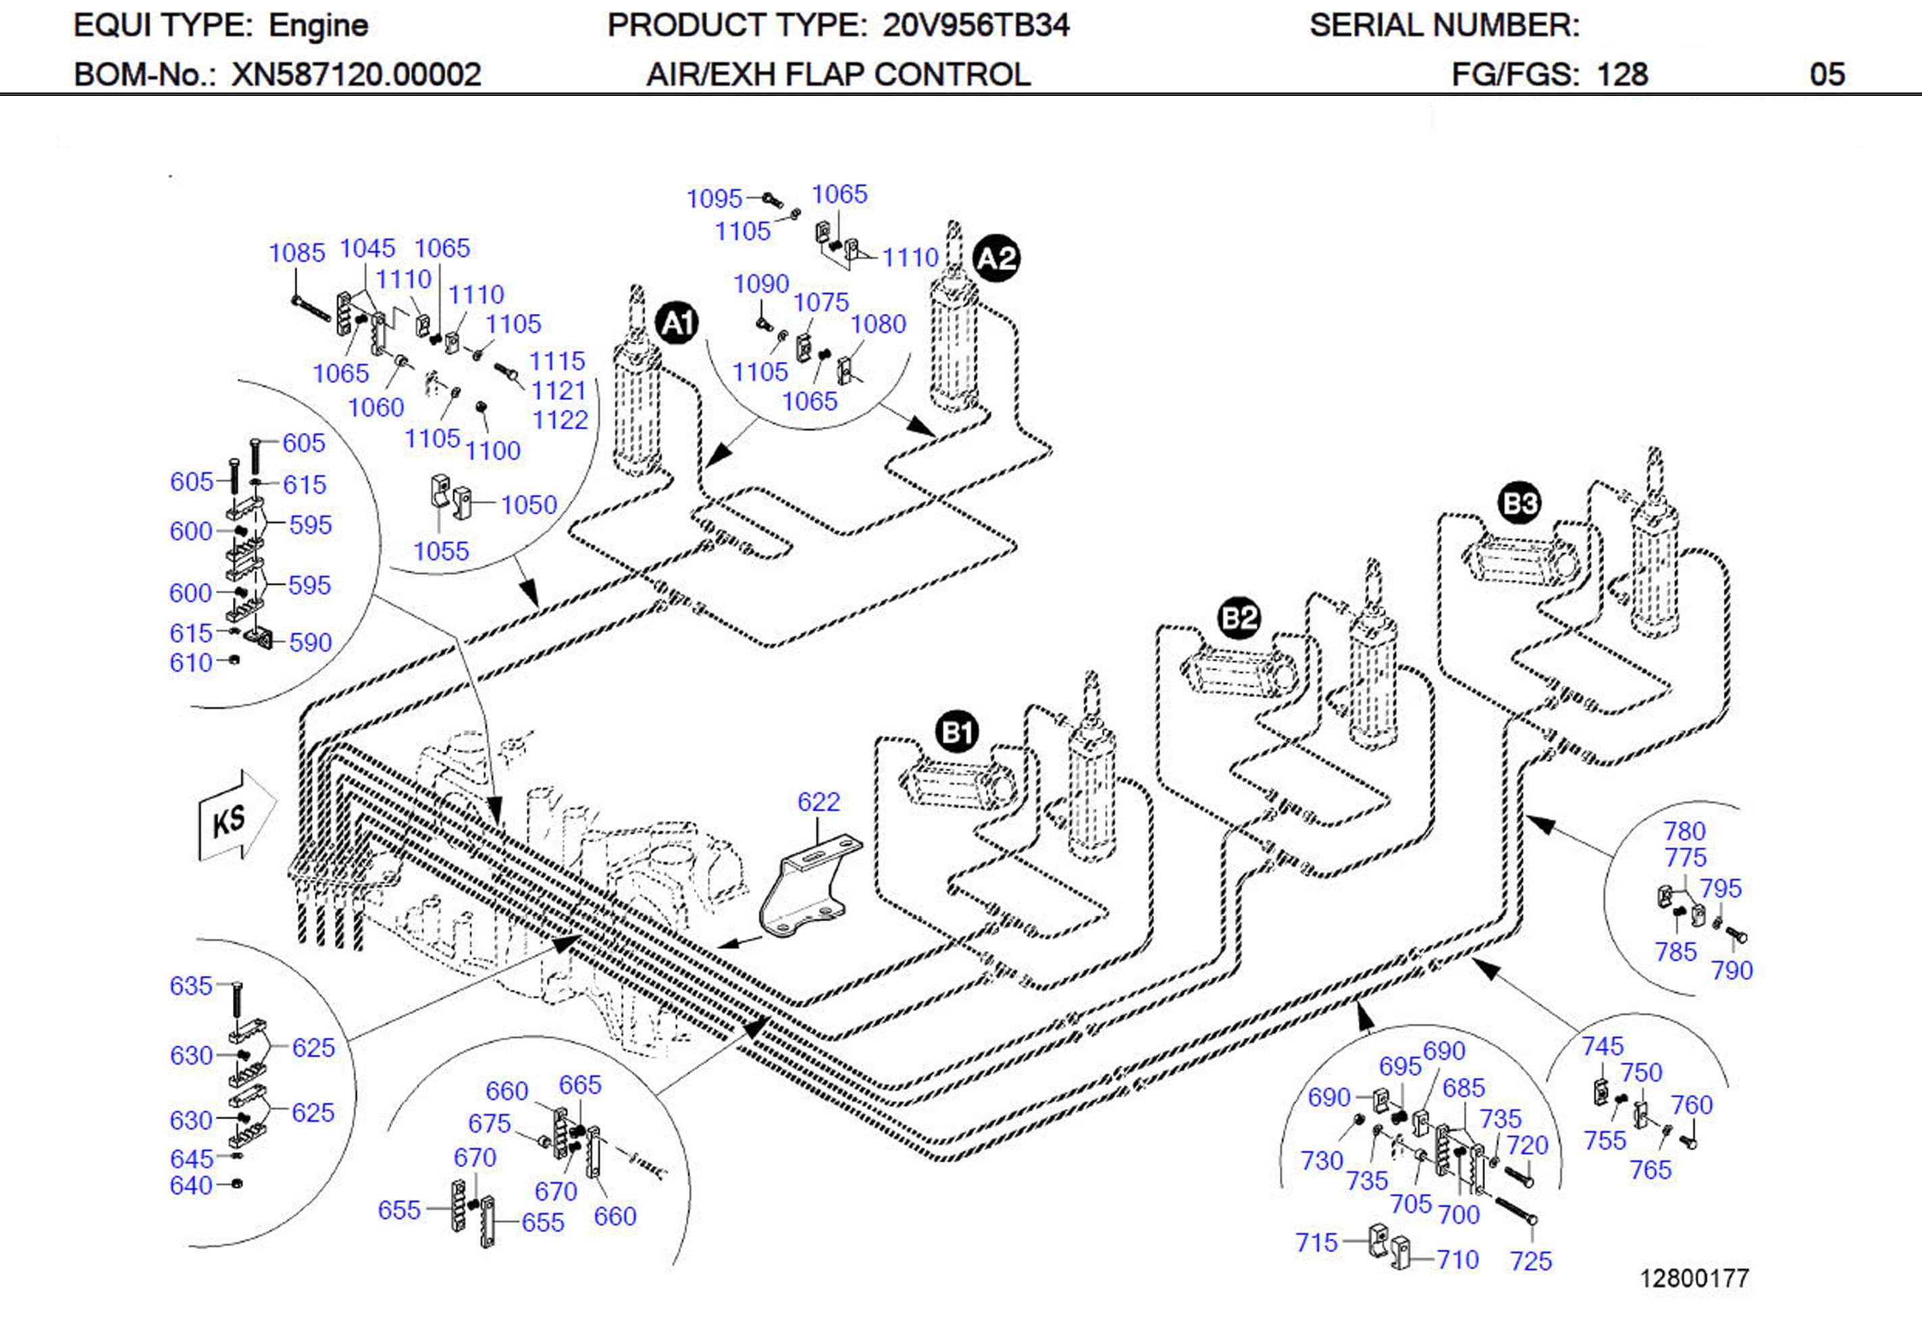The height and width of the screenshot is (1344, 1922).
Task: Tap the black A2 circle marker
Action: (x=996, y=257)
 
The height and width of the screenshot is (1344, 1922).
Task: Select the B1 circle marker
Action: (x=957, y=733)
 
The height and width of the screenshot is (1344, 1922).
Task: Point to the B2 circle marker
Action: (x=1239, y=618)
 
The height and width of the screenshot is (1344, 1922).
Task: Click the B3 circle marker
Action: (x=1520, y=503)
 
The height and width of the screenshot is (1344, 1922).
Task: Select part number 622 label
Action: (x=818, y=802)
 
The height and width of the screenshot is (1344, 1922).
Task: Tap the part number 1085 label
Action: (x=296, y=253)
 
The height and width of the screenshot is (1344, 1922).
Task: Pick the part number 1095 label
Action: (x=714, y=199)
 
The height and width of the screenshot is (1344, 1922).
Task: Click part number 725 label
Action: (x=1530, y=1261)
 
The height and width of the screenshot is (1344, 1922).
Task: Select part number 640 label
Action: (x=191, y=1186)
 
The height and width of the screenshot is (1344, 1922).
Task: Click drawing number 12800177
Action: (x=1694, y=1278)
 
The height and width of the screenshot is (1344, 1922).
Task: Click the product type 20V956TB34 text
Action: (x=975, y=26)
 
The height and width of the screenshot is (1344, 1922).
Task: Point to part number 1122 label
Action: (x=560, y=420)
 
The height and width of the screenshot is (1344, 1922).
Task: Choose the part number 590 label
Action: (x=311, y=643)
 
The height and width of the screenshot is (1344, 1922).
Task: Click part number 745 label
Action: (x=1602, y=1046)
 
